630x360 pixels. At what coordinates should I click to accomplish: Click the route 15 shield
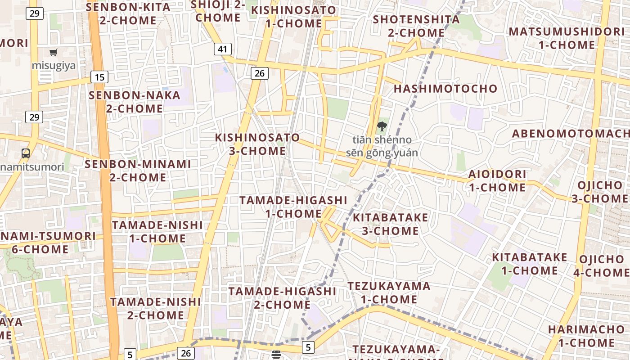tap(99, 77)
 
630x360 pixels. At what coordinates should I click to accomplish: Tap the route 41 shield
tap(223, 49)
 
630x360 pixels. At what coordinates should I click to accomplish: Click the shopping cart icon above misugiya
tap(54, 52)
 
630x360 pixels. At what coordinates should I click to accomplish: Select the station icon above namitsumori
tap(26, 153)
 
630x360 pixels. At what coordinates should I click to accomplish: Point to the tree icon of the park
tap(382, 126)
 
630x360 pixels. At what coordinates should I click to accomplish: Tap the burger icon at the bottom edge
tap(276, 355)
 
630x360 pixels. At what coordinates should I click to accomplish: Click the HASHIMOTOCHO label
tap(445, 89)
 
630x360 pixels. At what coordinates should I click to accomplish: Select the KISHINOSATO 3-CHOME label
tap(257, 144)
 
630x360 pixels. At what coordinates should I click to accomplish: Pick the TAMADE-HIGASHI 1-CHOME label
tap(293, 207)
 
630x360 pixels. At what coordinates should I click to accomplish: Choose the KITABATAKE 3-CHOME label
tap(390, 224)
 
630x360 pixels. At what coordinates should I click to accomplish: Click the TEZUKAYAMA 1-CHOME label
tap(389, 292)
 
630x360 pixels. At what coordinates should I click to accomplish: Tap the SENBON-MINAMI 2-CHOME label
tap(138, 171)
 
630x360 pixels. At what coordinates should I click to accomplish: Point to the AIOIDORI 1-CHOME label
tap(497, 180)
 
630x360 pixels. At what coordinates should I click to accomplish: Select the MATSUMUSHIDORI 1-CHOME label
tap(567, 38)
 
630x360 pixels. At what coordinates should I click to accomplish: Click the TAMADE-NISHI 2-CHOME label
tap(156, 308)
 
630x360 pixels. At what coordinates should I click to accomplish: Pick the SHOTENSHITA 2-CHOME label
tap(416, 26)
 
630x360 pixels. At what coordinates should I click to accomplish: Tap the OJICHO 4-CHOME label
tap(601, 266)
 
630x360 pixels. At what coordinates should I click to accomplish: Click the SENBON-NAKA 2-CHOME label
tap(135, 102)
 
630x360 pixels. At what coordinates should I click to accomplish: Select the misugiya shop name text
tap(54, 65)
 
